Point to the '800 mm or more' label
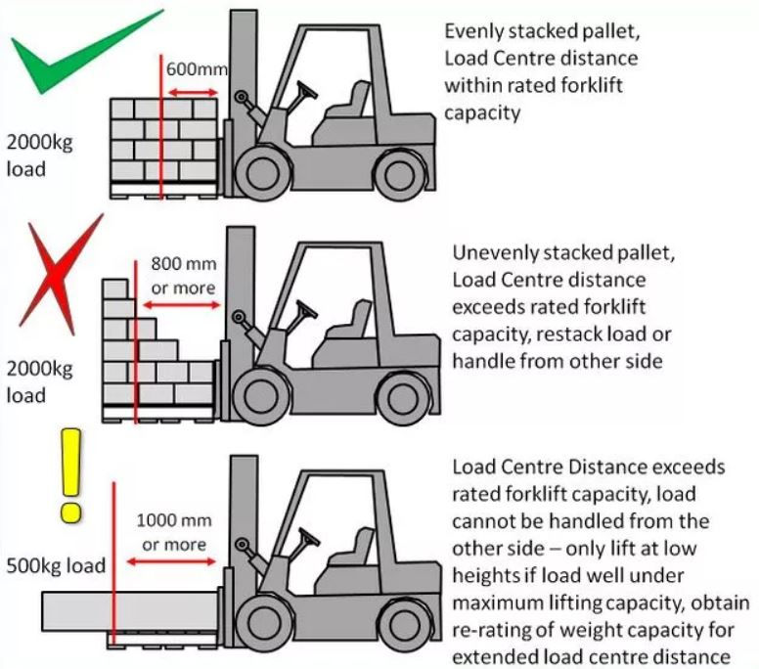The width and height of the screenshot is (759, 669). pos(184,275)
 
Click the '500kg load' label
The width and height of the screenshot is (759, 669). pos(56,565)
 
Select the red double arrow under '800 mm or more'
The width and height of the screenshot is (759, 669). pos(181,305)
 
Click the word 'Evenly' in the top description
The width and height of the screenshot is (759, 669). pos(472,31)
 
